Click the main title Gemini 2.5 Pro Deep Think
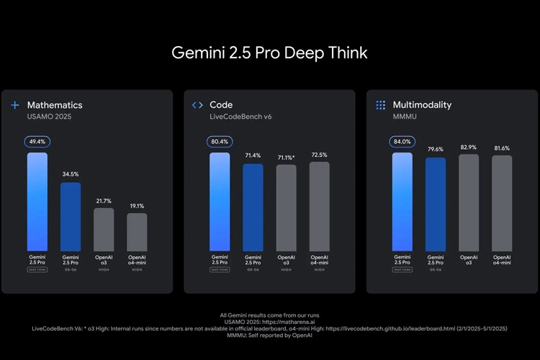point(269,53)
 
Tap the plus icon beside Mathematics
point(14,105)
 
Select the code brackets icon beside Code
point(197,105)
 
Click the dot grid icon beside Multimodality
point(380,105)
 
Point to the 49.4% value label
point(37,142)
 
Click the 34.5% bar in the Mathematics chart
point(71,216)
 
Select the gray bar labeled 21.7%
point(104,229)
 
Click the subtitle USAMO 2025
point(50,117)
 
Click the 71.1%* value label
point(287,157)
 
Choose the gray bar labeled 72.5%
point(320,206)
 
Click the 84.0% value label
point(402,142)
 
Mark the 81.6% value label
point(502,148)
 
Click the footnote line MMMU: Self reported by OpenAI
point(269,335)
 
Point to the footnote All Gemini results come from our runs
point(269,315)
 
